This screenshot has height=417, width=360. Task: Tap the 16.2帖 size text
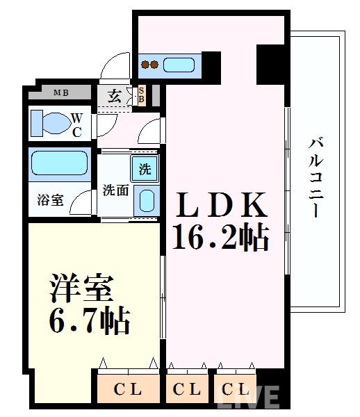221,238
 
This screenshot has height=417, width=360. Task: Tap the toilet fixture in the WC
51,123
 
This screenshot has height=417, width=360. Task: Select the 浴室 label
50,200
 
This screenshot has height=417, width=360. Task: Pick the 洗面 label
115,190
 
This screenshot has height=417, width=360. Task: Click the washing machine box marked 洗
145,167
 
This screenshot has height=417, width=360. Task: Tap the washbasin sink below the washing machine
146,199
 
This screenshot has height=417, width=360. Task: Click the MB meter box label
60,92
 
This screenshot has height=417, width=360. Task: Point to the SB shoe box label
141,94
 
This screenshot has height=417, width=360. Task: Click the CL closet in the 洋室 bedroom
129,389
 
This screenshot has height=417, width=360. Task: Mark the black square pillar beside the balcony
271,62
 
